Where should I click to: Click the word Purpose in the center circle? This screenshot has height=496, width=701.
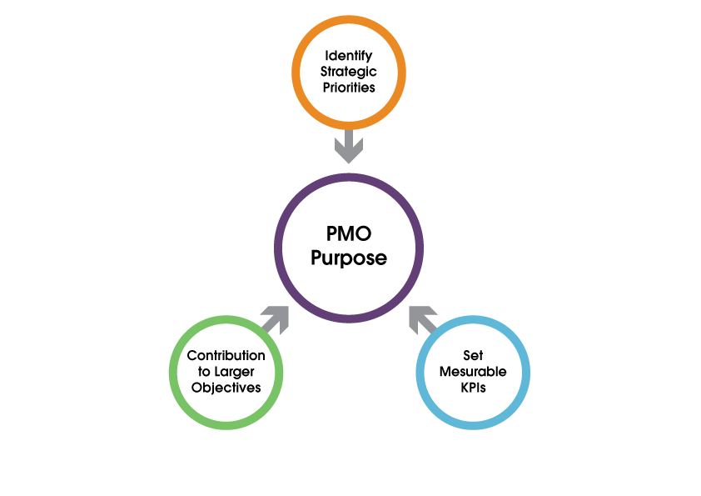tap(349, 258)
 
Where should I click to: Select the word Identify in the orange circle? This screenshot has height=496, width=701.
tap(349, 56)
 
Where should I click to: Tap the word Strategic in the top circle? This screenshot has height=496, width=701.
tap(349, 72)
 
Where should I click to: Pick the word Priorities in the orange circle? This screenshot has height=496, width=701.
tap(349, 87)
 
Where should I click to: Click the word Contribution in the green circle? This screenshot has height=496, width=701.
tap(226, 356)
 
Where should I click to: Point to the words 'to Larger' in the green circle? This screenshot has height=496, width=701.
tap(226, 371)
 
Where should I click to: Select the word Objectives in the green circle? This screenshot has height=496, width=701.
tap(226, 387)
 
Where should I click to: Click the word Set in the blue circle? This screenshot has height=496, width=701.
tap(473, 356)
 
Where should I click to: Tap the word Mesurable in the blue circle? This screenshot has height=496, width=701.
tap(473, 371)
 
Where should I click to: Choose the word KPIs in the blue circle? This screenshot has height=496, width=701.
tap(473, 387)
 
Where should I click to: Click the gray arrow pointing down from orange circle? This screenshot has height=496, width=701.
tap(349, 147)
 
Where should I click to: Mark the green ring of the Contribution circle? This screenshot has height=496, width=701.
tap(172, 372)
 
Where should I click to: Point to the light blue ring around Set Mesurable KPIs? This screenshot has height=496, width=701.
tap(526, 372)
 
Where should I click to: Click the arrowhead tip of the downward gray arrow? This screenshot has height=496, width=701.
tap(349, 161)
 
